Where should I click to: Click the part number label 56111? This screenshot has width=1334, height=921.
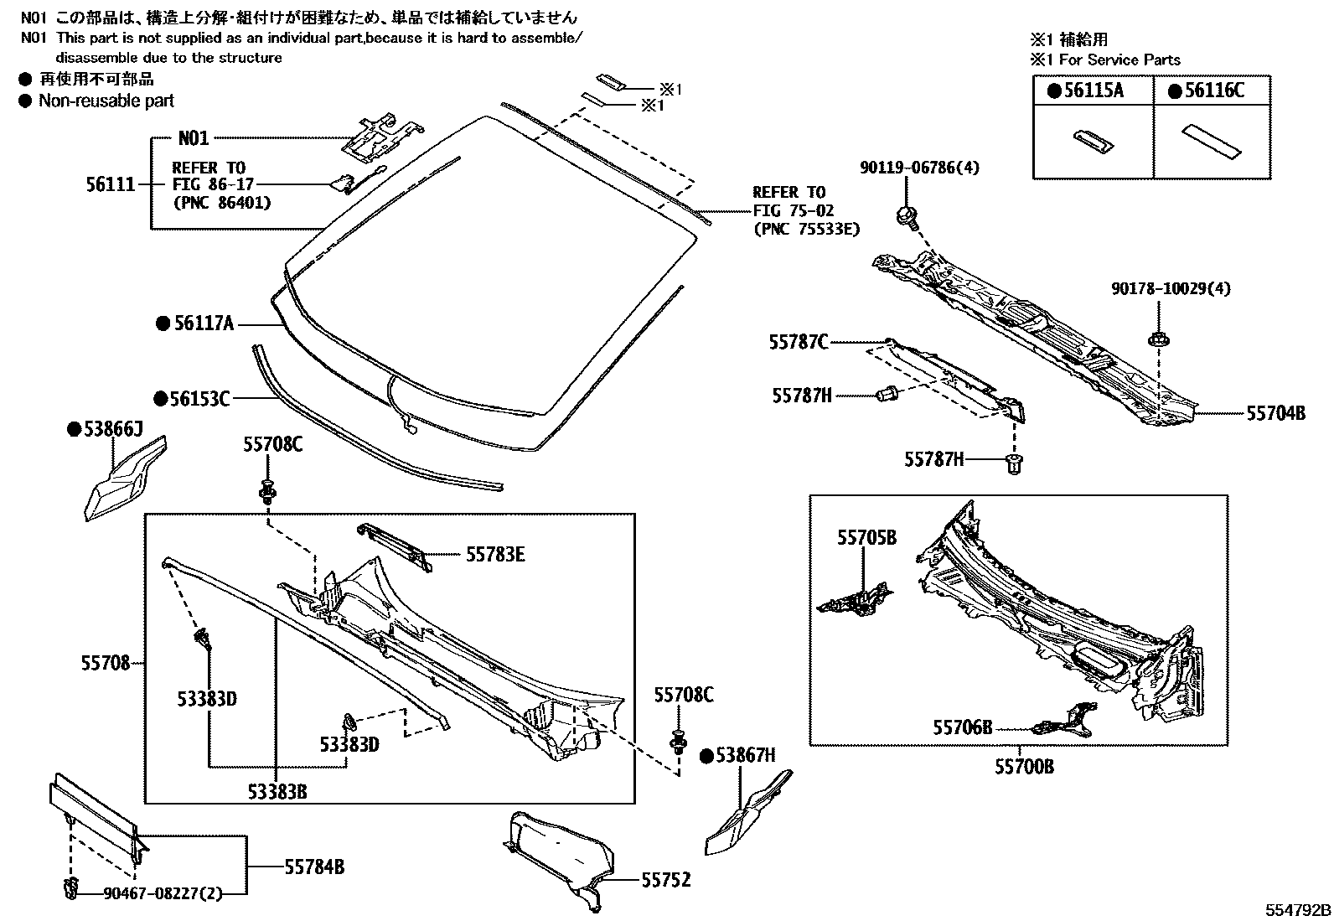[x=110, y=184]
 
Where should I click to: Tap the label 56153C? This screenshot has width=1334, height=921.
[x=199, y=399]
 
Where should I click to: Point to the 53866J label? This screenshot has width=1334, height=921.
[x=113, y=430]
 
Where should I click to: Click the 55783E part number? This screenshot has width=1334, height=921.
[x=495, y=554]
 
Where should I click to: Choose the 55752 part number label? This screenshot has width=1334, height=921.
[x=666, y=880]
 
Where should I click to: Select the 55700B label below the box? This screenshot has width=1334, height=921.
[x=1024, y=766]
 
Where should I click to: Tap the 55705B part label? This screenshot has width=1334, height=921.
[x=866, y=537]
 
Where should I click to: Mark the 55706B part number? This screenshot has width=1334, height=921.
[x=962, y=727]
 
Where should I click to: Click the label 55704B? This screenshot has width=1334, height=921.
[x=1275, y=412]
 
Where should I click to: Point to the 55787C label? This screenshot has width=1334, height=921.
[x=799, y=341]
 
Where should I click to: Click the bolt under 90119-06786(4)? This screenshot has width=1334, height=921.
[x=907, y=216]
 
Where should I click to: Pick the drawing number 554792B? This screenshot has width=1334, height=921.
[x=1297, y=909]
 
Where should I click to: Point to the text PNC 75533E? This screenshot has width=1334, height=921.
[x=805, y=227]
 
